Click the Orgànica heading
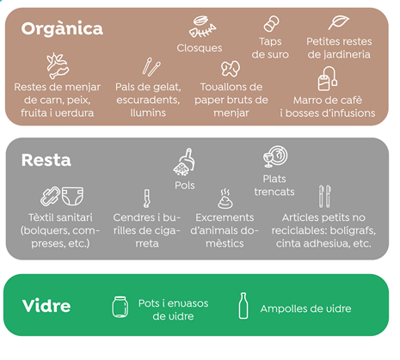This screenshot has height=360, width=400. click(x=62, y=28)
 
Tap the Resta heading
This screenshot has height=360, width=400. click(x=46, y=160)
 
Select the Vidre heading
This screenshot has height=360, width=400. click(x=46, y=306)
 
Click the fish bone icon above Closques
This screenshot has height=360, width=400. click(x=202, y=27)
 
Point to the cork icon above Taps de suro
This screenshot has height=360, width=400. click(x=271, y=23)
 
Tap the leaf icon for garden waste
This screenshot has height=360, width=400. click(x=339, y=22)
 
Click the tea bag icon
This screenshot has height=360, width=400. click(x=328, y=78)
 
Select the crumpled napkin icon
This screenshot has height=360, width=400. click(x=231, y=69)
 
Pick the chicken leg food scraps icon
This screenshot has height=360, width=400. click(x=58, y=66)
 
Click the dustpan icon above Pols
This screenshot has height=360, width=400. click(x=184, y=162)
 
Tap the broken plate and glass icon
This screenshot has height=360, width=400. click(x=275, y=156)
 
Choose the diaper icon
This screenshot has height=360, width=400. click(x=73, y=196)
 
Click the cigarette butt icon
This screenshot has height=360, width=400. click(x=147, y=198)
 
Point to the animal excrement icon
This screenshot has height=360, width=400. click(x=225, y=198)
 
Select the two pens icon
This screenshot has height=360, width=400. click(x=325, y=197)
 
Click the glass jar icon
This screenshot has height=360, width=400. click(x=120, y=307)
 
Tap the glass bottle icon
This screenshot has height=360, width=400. click(x=243, y=306)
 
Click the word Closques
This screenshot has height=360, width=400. click(x=200, y=48)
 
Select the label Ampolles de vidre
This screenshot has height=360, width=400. click(x=305, y=308)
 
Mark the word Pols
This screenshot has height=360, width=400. click(x=185, y=186)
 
